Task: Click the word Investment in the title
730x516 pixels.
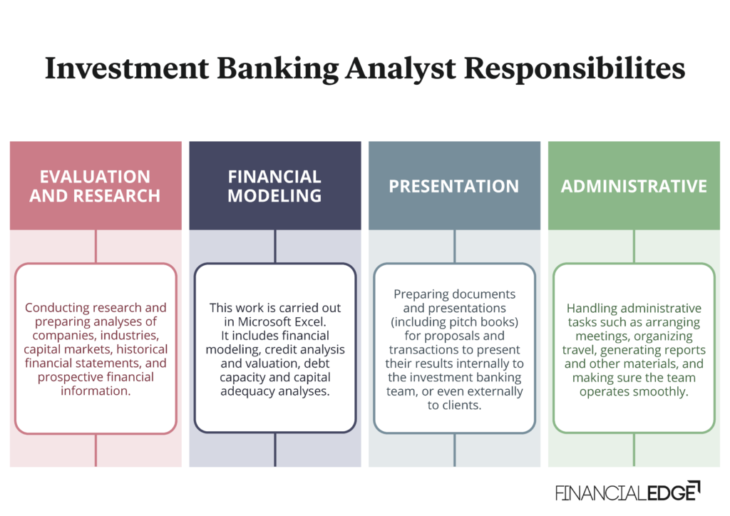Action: click(123, 68)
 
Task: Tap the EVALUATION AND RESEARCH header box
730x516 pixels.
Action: click(96, 185)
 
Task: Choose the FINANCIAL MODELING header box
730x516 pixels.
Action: click(275, 185)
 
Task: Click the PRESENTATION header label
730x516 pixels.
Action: click(454, 186)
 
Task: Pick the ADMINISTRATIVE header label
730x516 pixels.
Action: click(634, 186)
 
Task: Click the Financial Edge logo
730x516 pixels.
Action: click(627, 492)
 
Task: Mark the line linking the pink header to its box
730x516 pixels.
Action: click(96, 247)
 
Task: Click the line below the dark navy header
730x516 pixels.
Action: click(275, 247)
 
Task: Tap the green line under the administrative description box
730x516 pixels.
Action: click(634, 450)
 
